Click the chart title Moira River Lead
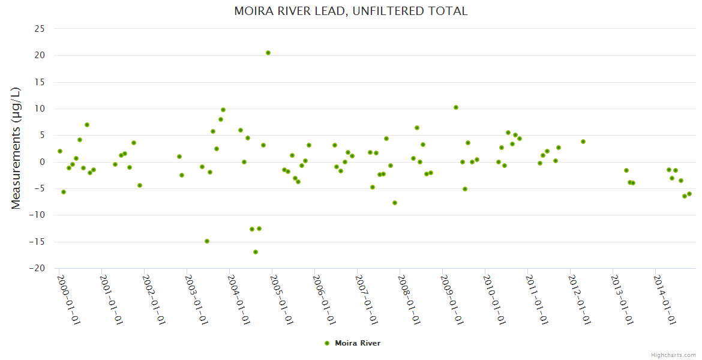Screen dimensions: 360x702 pos(351,11)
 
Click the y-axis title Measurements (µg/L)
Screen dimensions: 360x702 pos(16,148)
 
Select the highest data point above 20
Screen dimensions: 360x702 pos(268,53)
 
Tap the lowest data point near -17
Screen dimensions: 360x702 pos(256,252)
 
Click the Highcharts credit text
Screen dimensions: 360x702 pos(673,355)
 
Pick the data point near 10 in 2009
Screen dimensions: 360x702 pos(456,107)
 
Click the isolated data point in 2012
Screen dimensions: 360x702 pos(583,142)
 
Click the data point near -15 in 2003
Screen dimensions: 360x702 pos(207,241)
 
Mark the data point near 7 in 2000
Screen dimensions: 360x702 pos(87,125)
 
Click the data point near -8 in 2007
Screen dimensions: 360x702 pos(395,203)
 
